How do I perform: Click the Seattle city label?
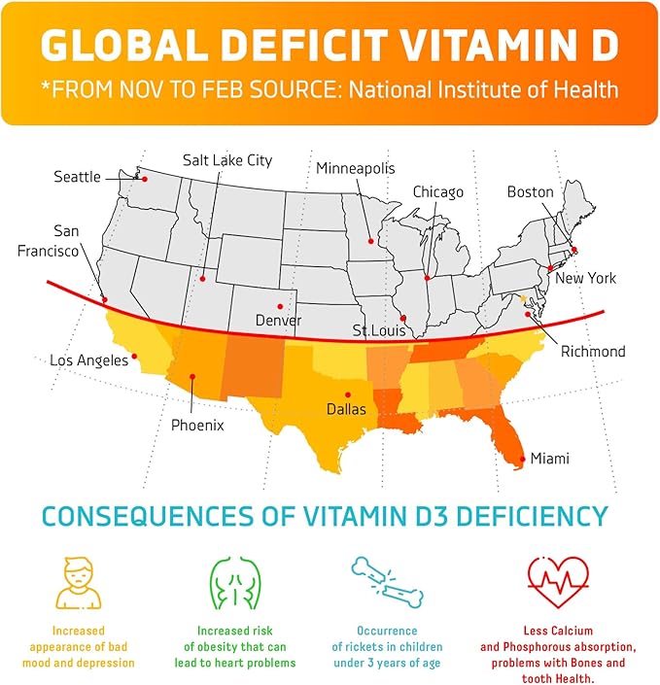[77, 177]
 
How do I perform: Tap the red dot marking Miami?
[523, 459]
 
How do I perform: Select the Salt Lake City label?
[227, 160]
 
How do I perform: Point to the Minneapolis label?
[355, 168]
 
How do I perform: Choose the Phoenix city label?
[197, 425]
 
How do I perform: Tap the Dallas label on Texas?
[346, 409]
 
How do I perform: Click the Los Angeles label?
[89, 360]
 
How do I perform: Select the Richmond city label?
[593, 351]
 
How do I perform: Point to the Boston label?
[530, 192]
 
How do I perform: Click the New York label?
[585, 278]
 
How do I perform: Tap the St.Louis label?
[379, 331]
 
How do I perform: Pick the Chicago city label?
[437, 192]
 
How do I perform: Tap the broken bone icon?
[387, 583]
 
